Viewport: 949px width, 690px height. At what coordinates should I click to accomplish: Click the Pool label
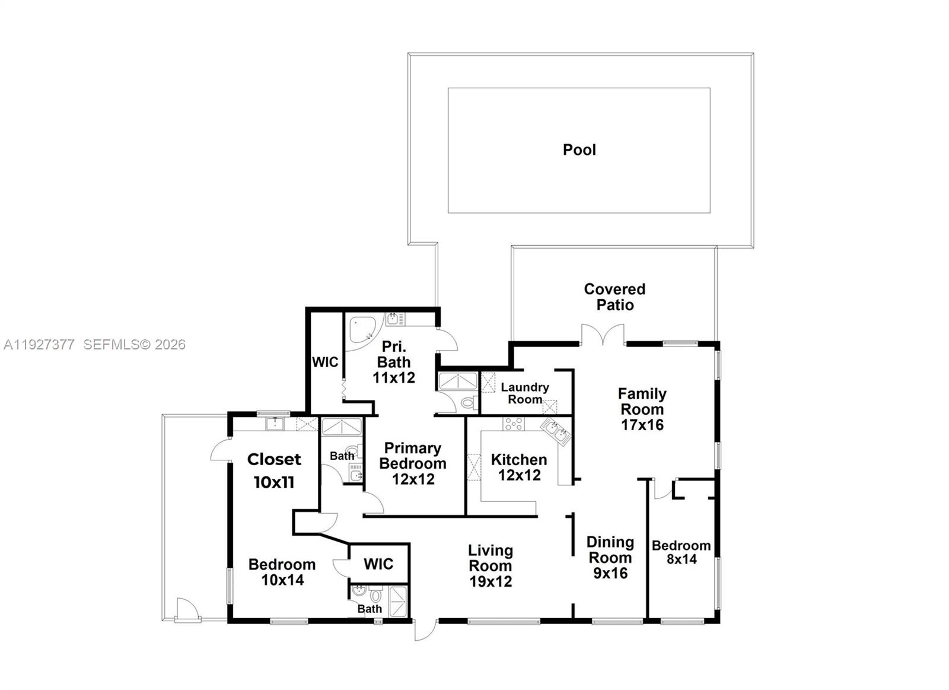point(579,150)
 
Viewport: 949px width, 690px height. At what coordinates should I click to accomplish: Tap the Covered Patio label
point(614,297)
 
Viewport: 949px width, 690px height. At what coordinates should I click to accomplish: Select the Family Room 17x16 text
point(642,409)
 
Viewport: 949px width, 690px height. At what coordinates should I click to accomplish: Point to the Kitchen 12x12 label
point(519,468)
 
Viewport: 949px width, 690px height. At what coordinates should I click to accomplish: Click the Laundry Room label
point(525,393)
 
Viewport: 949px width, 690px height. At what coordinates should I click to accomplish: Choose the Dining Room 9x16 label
point(610,557)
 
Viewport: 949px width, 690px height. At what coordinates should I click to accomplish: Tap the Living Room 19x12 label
point(491,565)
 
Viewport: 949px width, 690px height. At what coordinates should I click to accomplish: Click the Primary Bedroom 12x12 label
point(413,463)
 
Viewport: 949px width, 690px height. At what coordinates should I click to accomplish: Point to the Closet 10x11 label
point(274,470)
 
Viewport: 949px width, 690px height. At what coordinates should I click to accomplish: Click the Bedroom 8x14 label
point(682,552)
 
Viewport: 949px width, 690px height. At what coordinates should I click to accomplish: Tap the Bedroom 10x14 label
point(282,572)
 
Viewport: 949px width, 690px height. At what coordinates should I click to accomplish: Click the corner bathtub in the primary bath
point(362,332)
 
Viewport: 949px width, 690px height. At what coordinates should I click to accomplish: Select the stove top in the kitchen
point(514,424)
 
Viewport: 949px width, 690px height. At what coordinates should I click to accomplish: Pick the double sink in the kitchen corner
point(556,431)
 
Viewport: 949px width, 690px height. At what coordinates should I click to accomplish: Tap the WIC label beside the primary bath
point(325,362)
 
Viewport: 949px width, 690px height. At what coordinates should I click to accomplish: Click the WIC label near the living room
point(378,564)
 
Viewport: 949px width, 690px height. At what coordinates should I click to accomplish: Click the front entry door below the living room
point(425,629)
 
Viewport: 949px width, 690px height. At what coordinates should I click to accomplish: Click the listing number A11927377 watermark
point(39,345)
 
